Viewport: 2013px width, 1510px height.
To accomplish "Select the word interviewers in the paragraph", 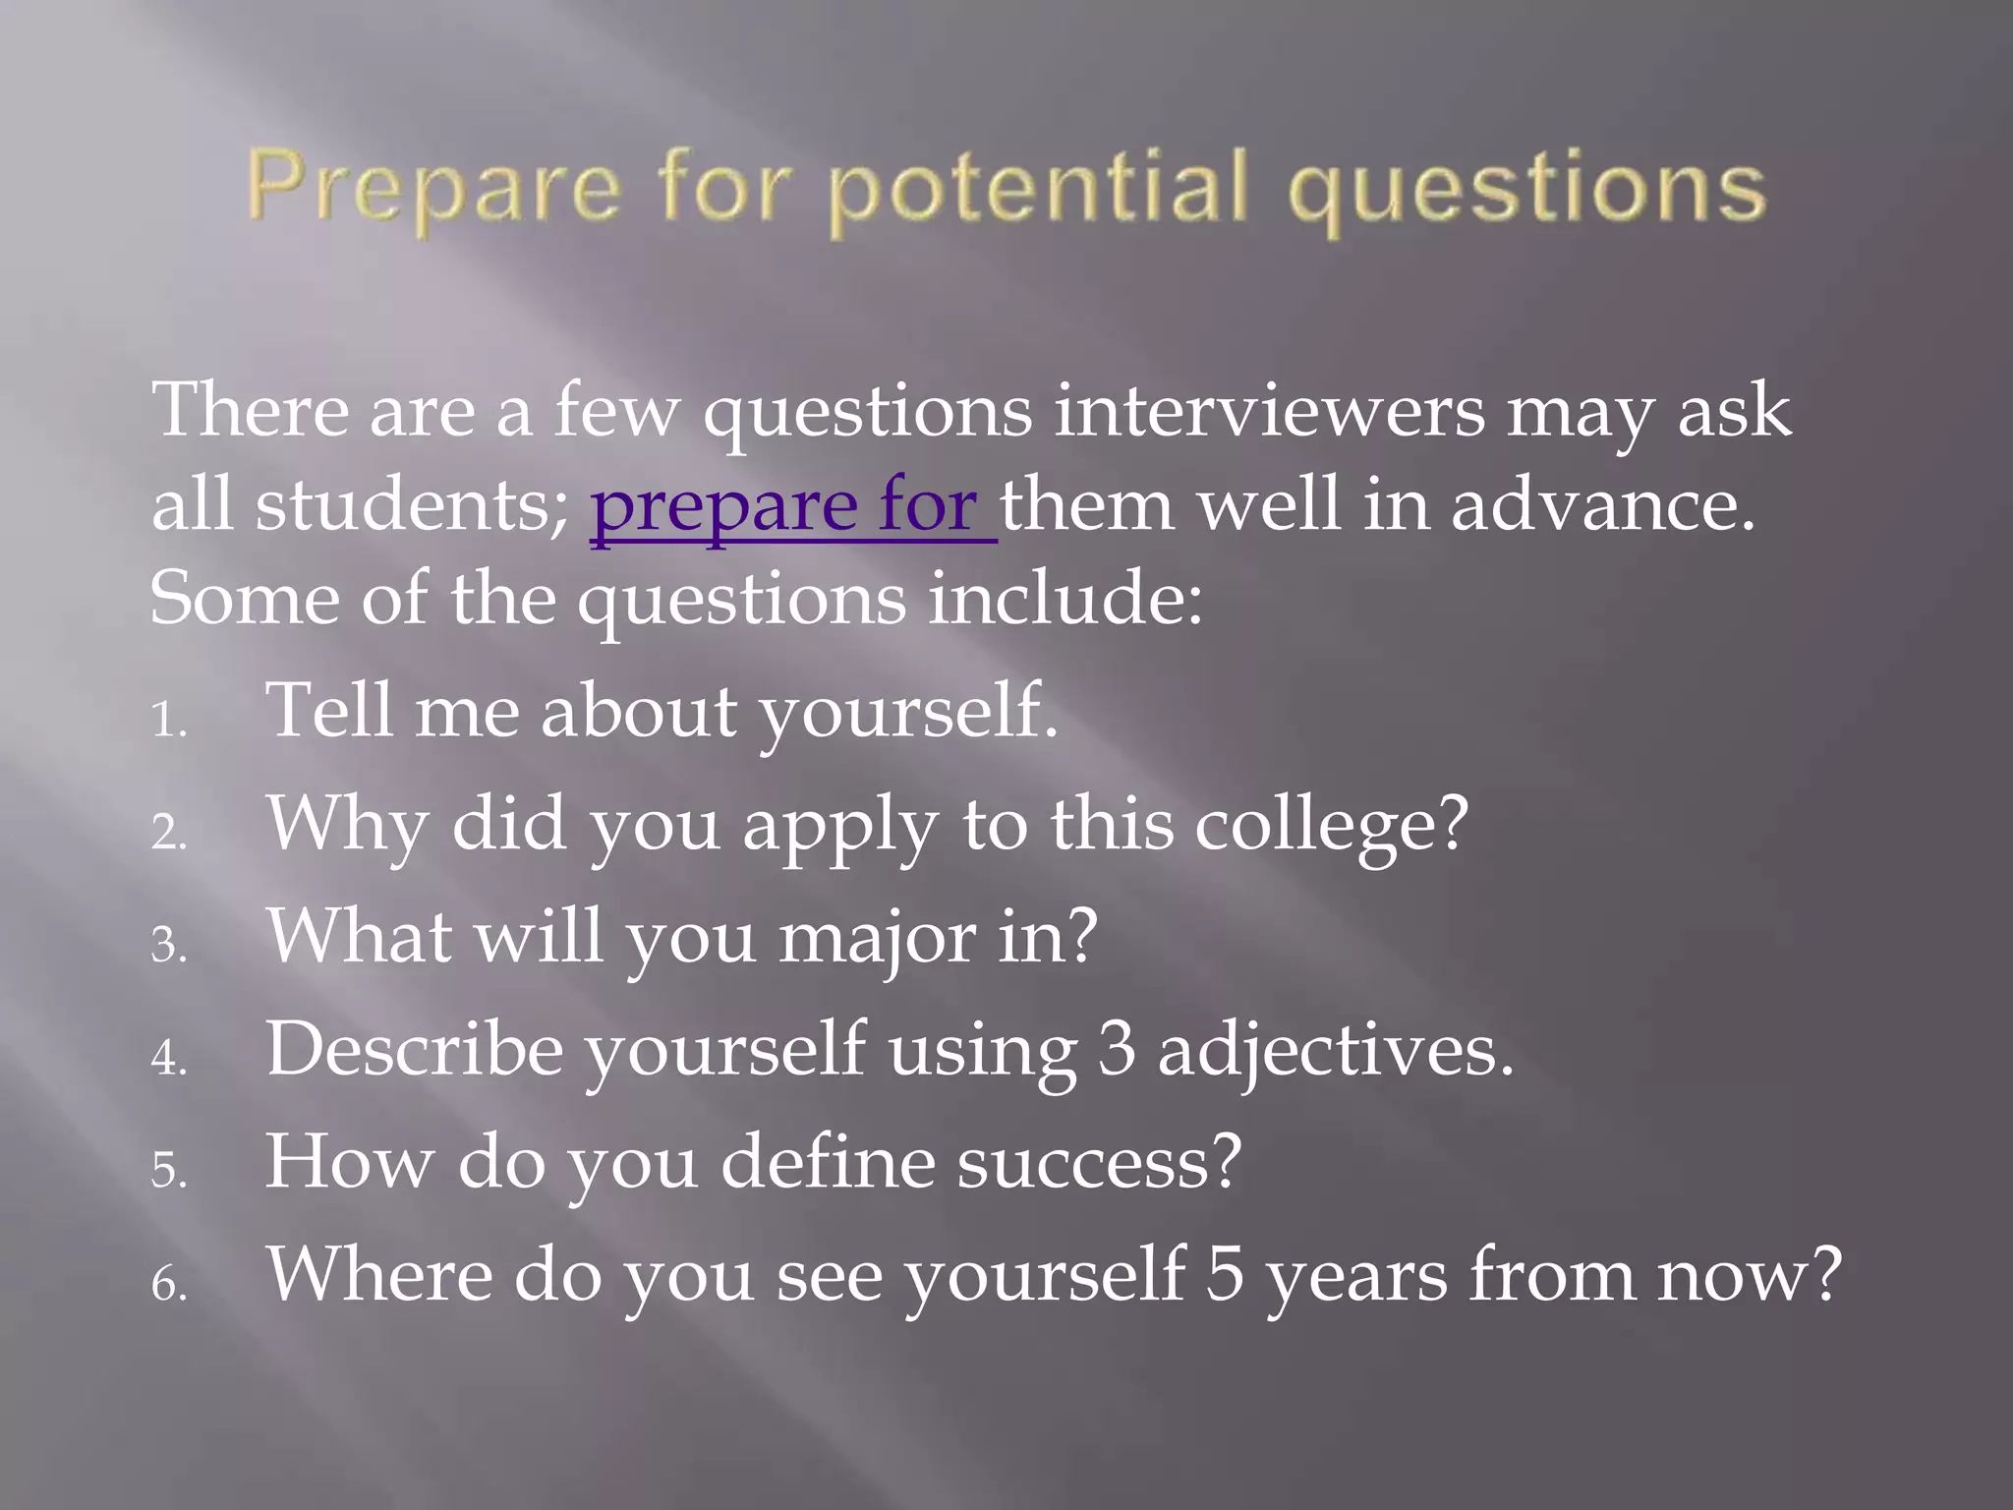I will pyautogui.click(x=1268, y=411).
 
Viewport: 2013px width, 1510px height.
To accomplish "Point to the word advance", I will pyautogui.click(x=1602, y=505).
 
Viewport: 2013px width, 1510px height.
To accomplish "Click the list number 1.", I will pyautogui.click(x=167, y=720).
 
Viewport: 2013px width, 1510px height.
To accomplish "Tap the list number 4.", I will pyautogui.click(x=167, y=1059).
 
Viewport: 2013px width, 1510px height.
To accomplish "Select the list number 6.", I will pyautogui.click(x=167, y=1285).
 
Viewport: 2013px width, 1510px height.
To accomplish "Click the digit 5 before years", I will pyautogui.click(x=1225, y=1275).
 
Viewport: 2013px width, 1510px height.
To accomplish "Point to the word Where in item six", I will pyautogui.click(x=378, y=1275).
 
